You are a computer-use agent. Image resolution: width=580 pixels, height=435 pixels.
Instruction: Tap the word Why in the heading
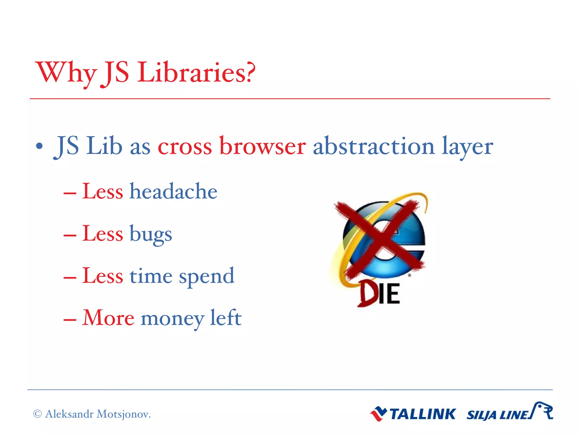(x=66, y=73)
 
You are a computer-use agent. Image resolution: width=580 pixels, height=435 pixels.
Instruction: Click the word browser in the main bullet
(x=263, y=146)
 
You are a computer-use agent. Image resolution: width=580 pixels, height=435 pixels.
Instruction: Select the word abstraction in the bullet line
(x=374, y=146)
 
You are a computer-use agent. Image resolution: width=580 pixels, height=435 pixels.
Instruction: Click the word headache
(x=173, y=191)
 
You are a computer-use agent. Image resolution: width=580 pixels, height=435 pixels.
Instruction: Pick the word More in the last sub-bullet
(x=108, y=318)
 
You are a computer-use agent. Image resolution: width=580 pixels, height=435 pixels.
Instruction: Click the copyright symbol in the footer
(x=37, y=414)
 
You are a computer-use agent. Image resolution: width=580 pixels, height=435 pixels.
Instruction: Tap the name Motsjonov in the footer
(x=123, y=414)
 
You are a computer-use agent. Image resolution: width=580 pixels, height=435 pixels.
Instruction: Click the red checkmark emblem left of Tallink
(x=378, y=414)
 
